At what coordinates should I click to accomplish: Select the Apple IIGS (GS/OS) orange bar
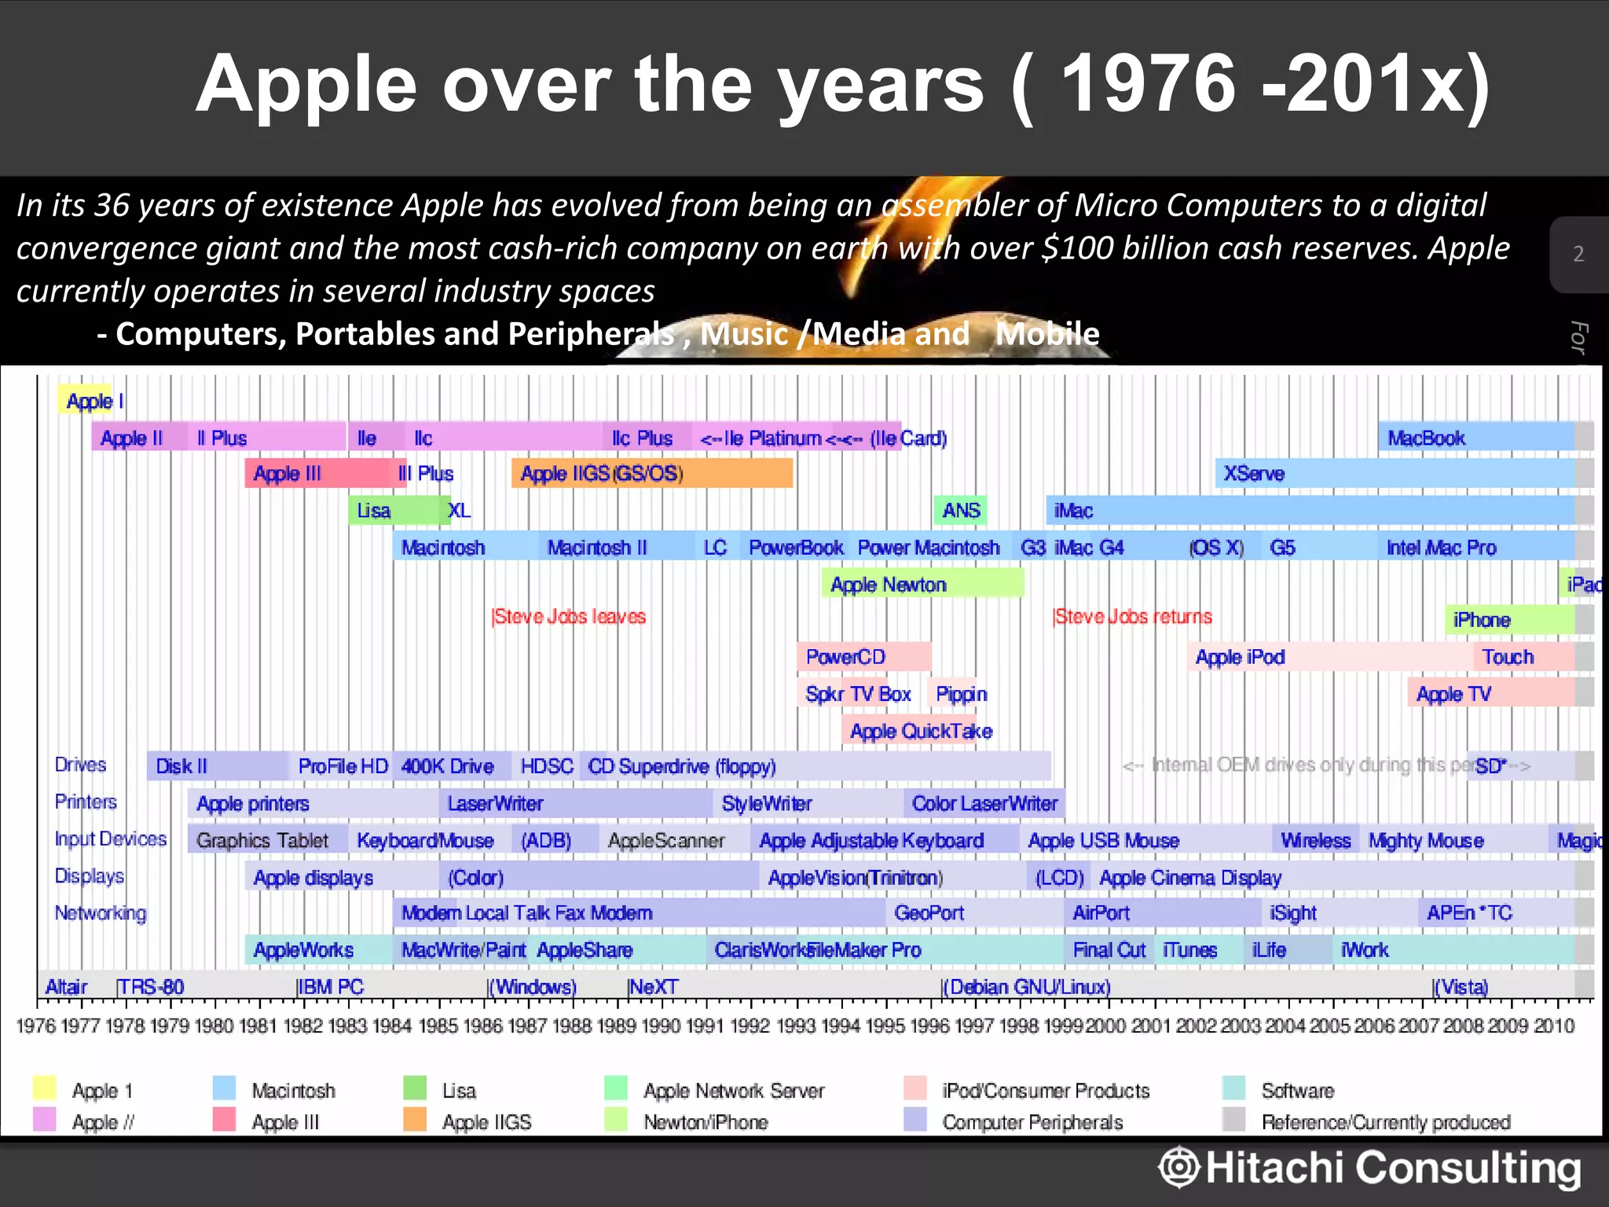pos(651,474)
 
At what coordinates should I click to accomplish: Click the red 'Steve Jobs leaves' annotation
pos(569,617)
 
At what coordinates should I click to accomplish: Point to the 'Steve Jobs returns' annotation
pos(1132,617)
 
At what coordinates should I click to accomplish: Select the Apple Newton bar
pos(922,584)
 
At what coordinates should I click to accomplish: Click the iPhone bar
pos(1508,620)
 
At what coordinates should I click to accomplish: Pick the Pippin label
pos(960,694)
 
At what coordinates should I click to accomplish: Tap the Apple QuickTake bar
pos(920,731)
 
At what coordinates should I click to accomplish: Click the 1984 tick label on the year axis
pos(392,1026)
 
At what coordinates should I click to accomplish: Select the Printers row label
pos(86,802)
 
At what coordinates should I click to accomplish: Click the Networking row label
pos(100,913)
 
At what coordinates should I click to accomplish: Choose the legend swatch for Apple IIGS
pos(414,1120)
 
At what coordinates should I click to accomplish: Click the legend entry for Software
pos(1297,1091)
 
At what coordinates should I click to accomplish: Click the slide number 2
pos(1578,254)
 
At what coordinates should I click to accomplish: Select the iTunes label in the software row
pos(1189,950)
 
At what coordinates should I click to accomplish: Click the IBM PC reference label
pos(330,987)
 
